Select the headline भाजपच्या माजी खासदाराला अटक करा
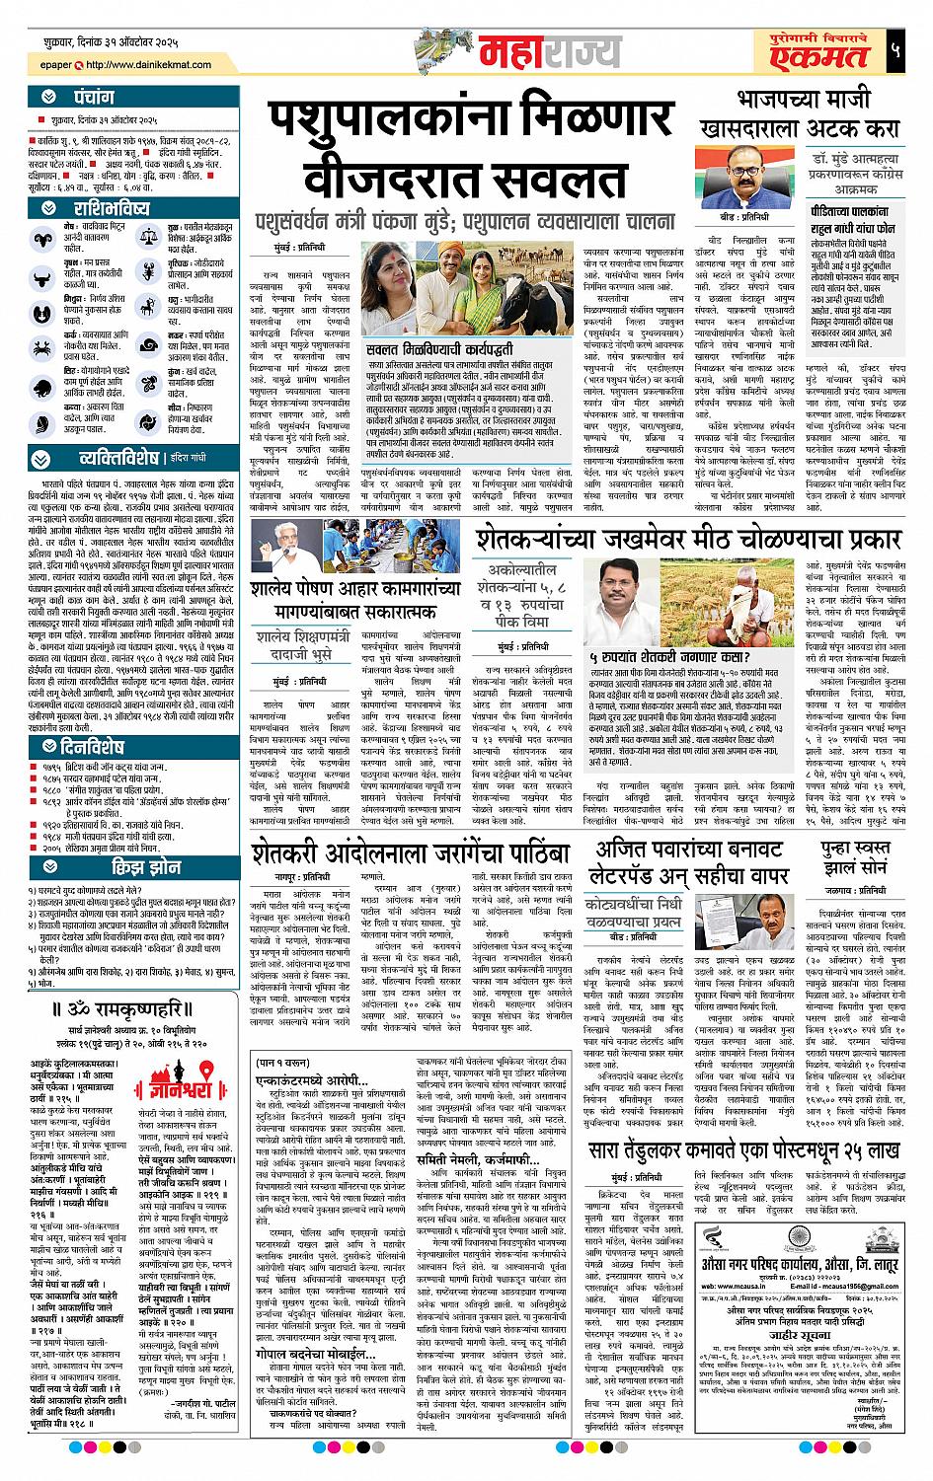tap(799, 113)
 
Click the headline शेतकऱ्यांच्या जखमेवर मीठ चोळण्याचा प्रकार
tap(688, 540)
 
